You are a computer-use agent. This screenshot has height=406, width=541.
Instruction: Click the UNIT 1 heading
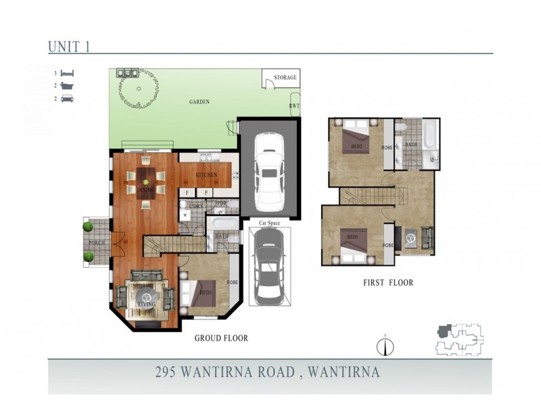(x=69, y=46)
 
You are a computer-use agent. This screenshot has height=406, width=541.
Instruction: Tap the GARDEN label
(x=199, y=102)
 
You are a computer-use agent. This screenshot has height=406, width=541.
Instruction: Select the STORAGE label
(x=285, y=78)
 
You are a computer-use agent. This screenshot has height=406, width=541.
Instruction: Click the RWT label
(x=294, y=106)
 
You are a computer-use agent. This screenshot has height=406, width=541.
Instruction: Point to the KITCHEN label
(x=206, y=175)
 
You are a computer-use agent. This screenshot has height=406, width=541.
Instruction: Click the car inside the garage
(x=268, y=175)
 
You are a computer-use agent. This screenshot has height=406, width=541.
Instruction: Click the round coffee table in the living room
(x=146, y=295)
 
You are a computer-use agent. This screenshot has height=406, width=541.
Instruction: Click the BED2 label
(x=357, y=146)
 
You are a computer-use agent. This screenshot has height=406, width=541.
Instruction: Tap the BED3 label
(x=352, y=238)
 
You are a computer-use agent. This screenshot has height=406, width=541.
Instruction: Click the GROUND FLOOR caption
(x=221, y=338)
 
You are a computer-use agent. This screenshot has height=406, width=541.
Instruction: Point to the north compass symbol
(x=384, y=346)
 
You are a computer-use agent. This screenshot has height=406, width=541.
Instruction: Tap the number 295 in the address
(x=166, y=372)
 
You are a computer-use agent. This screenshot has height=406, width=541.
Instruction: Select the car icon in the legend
(x=67, y=99)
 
